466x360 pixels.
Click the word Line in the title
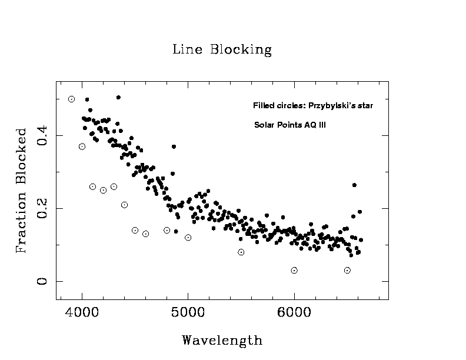coord(184,49)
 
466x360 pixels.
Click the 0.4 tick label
coord(42,136)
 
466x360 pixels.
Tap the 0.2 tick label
coord(42,209)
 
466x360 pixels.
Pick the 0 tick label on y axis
coord(42,282)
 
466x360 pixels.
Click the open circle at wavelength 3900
coord(71,99)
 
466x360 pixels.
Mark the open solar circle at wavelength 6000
coord(294,271)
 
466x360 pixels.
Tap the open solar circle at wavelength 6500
coord(347,271)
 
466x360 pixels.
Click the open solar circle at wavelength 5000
coord(188,238)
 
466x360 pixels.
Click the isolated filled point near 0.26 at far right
coord(354,185)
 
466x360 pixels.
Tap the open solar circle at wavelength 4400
coord(124,205)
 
